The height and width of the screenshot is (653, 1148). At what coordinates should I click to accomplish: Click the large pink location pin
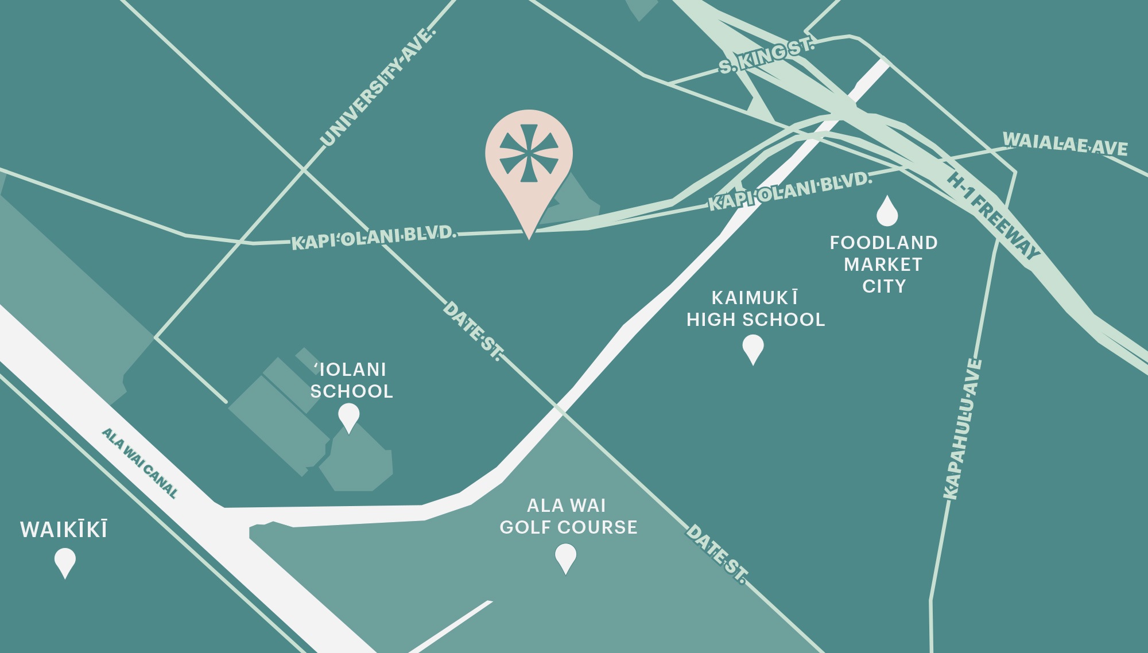[x=529, y=161]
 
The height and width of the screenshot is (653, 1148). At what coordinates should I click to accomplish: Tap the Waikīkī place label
[x=64, y=530]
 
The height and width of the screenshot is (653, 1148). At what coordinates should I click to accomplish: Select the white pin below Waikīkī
[x=65, y=561]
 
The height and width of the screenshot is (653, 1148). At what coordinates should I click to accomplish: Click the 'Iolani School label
[x=351, y=380]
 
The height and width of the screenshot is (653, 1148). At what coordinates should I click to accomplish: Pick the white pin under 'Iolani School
[x=348, y=416]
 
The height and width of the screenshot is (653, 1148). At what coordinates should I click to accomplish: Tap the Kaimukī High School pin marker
[x=753, y=348]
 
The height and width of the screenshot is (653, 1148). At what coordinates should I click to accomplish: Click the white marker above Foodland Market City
[x=887, y=211]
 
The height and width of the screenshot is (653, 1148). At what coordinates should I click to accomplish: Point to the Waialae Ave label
[x=1065, y=143]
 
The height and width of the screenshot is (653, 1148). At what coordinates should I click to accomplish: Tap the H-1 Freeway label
[x=994, y=215]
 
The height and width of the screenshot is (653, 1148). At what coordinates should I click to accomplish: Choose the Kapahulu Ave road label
[x=963, y=429]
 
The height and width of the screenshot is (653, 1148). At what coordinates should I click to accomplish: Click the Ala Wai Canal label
[x=140, y=462]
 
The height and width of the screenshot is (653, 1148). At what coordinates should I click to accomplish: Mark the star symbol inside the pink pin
[x=529, y=153]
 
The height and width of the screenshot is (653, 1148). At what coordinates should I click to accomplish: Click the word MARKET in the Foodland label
[x=883, y=265]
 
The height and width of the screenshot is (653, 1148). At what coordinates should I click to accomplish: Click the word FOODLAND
[x=883, y=243]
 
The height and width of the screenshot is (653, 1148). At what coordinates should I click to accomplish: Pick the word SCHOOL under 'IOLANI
[x=351, y=391]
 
